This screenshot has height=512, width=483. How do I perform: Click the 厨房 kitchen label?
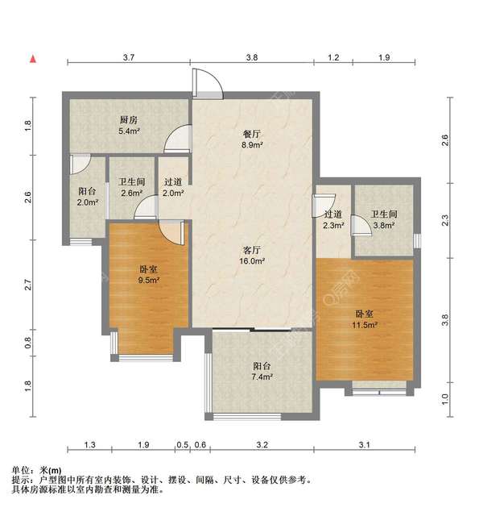point(129,119)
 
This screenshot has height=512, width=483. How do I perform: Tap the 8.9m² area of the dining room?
point(254,145)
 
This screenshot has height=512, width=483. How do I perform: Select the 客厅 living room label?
point(254,249)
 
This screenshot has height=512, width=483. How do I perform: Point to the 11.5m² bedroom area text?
point(366,324)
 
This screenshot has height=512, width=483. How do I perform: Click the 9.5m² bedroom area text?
point(148,281)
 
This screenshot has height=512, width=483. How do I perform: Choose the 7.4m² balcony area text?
point(261,377)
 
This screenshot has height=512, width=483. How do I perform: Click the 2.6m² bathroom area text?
point(130,193)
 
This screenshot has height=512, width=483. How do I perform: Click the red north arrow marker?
point(32,59)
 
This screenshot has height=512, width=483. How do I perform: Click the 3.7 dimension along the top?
point(128,57)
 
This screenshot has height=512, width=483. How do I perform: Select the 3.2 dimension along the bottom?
point(262,444)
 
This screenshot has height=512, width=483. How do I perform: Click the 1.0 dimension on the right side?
point(446,398)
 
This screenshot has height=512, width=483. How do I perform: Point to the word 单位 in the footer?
point(22,470)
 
